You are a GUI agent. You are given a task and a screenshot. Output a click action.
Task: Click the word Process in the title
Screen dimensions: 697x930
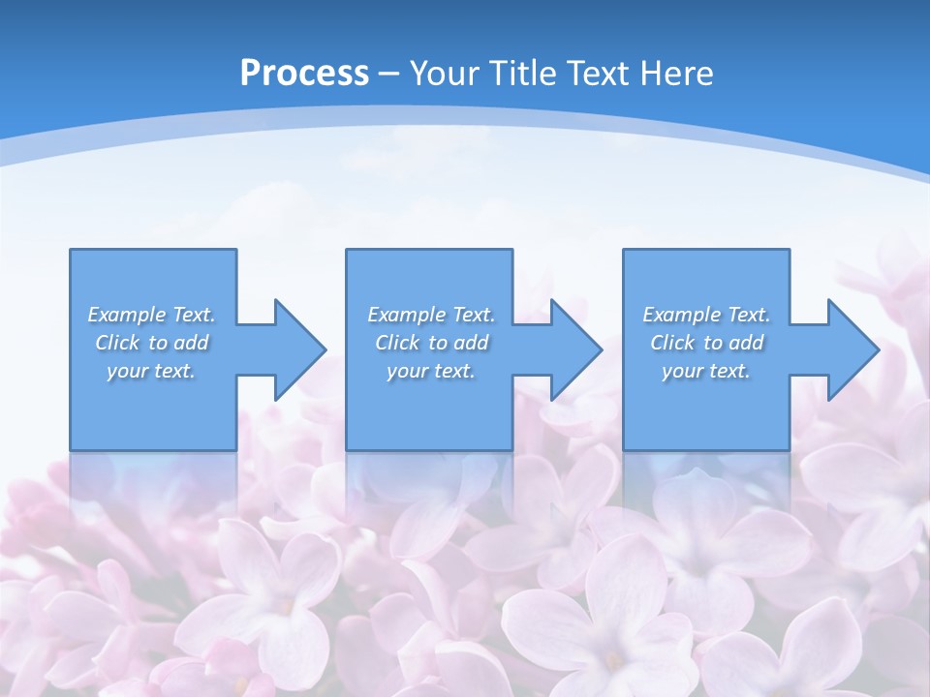pyautogui.click(x=304, y=73)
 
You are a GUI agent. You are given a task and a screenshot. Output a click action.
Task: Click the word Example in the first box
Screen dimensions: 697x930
pyautogui.click(x=126, y=315)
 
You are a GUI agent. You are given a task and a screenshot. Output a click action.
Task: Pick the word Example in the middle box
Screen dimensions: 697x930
pyautogui.click(x=406, y=315)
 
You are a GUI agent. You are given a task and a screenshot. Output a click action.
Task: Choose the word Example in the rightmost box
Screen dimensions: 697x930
pyautogui.click(x=681, y=315)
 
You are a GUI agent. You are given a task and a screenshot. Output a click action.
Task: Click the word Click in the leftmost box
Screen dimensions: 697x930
pyautogui.click(x=117, y=343)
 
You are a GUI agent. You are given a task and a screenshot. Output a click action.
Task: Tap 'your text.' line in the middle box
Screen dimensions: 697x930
pyautogui.click(x=430, y=371)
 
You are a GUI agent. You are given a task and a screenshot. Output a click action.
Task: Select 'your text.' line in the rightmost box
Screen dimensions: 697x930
pyautogui.click(x=706, y=371)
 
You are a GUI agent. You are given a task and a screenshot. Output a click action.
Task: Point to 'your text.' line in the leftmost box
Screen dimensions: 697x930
pyautogui.click(x=151, y=371)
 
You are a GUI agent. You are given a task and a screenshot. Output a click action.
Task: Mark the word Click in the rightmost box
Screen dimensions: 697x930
pyautogui.click(x=673, y=343)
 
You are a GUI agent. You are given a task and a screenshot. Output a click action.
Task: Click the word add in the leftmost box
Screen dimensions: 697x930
pyautogui.click(x=191, y=343)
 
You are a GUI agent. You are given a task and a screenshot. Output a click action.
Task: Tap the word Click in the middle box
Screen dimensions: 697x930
pyautogui.click(x=397, y=343)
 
